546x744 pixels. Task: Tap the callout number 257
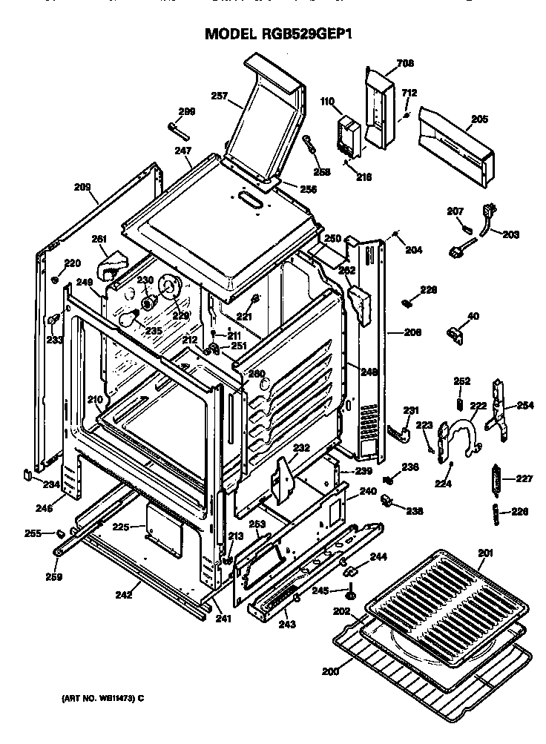220,96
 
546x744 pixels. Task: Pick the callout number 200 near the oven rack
329,671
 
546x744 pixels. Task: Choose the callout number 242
123,593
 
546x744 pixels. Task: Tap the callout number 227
524,478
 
